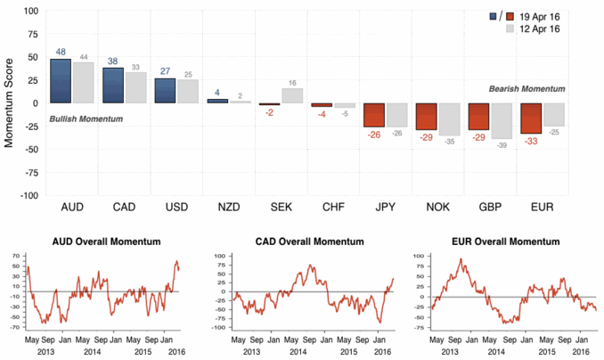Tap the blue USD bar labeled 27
pyautogui.click(x=165, y=91)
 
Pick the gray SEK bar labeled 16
pyautogui.click(x=290, y=95)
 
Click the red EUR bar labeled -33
pyautogui.click(x=532, y=119)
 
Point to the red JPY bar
pyautogui.click(x=373, y=115)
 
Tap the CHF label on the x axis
pyautogui.click(x=333, y=207)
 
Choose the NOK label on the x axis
pyautogui.click(x=438, y=207)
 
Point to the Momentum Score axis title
pyautogui.click(x=11, y=103)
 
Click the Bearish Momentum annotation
pyautogui.click(x=527, y=89)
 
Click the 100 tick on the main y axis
pyautogui.click(x=30, y=12)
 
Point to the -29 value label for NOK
pyautogui.click(x=427, y=137)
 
